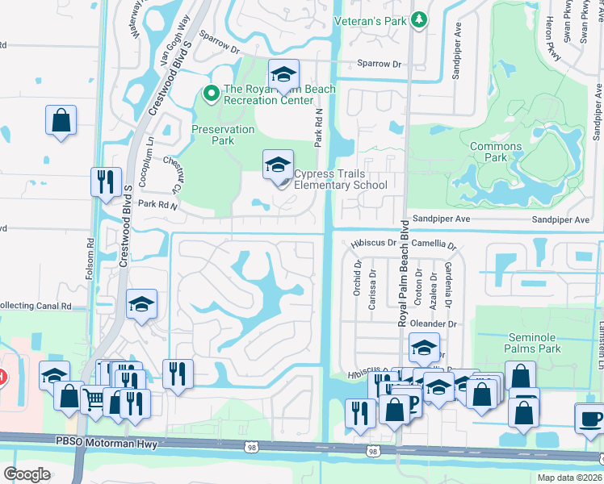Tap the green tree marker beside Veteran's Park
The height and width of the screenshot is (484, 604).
pyautogui.click(x=418, y=19)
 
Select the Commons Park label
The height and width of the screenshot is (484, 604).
pyautogui.click(x=496, y=152)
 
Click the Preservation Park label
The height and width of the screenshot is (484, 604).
pyautogui.click(x=212, y=135)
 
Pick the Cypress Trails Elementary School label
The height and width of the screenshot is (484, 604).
pyautogui.click(x=340, y=179)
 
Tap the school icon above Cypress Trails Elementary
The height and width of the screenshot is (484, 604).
pyautogui.click(x=277, y=165)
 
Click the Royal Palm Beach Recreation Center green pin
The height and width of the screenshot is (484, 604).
pyautogui.click(x=211, y=94)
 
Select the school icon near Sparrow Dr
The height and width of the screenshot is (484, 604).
pyautogui.click(x=283, y=75)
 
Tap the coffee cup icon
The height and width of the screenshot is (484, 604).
pyautogui.click(x=589, y=419)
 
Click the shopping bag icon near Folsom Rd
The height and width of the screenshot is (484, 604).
pyautogui.click(x=61, y=121)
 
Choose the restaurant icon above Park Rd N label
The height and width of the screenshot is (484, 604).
pyautogui.click(x=106, y=182)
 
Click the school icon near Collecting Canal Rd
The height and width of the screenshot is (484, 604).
pyautogui.click(x=141, y=303)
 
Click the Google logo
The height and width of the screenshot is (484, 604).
pyautogui.click(x=27, y=474)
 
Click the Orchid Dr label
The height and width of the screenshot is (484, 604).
pyautogui.click(x=357, y=277)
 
